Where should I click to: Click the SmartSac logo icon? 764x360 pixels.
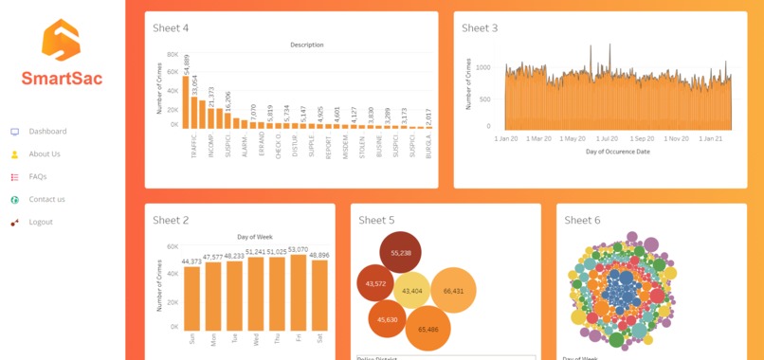click(x=62, y=42)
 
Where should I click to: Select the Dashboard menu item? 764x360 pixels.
click(x=47, y=132)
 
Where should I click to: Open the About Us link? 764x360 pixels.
click(x=45, y=154)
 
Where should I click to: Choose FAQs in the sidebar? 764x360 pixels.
click(x=38, y=177)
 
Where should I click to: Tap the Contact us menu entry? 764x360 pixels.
click(x=46, y=200)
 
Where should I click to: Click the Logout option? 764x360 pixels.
click(x=41, y=223)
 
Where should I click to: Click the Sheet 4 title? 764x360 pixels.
click(x=171, y=28)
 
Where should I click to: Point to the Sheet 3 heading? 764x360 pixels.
click(x=480, y=28)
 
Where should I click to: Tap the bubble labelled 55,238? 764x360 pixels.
click(x=400, y=253)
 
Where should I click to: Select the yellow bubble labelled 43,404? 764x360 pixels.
click(x=412, y=291)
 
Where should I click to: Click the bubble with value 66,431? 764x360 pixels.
click(x=453, y=291)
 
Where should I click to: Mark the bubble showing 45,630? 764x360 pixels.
click(x=387, y=319)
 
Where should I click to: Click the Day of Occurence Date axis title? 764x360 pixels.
click(x=617, y=152)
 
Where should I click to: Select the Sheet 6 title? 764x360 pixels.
click(x=582, y=220)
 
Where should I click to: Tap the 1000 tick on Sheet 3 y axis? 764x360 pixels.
click(x=483, y=67)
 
